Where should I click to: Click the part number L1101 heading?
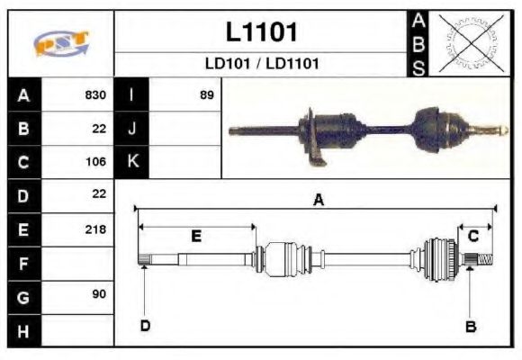[x=261, y=31]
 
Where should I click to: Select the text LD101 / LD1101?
[x=261, y=64]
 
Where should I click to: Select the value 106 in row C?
[x=95, y=162]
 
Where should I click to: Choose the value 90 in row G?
[x=98, y=295]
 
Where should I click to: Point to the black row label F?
[x=23, y=263]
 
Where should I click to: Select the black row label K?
[x=131, y=162]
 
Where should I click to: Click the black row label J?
[x=131, y=129]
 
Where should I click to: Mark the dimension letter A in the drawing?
[x=317, y=201]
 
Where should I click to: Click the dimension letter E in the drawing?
[x=195, y=236]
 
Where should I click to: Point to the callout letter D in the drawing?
[x=144, y=326]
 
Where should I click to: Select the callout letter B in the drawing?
[x=470, y=326]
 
